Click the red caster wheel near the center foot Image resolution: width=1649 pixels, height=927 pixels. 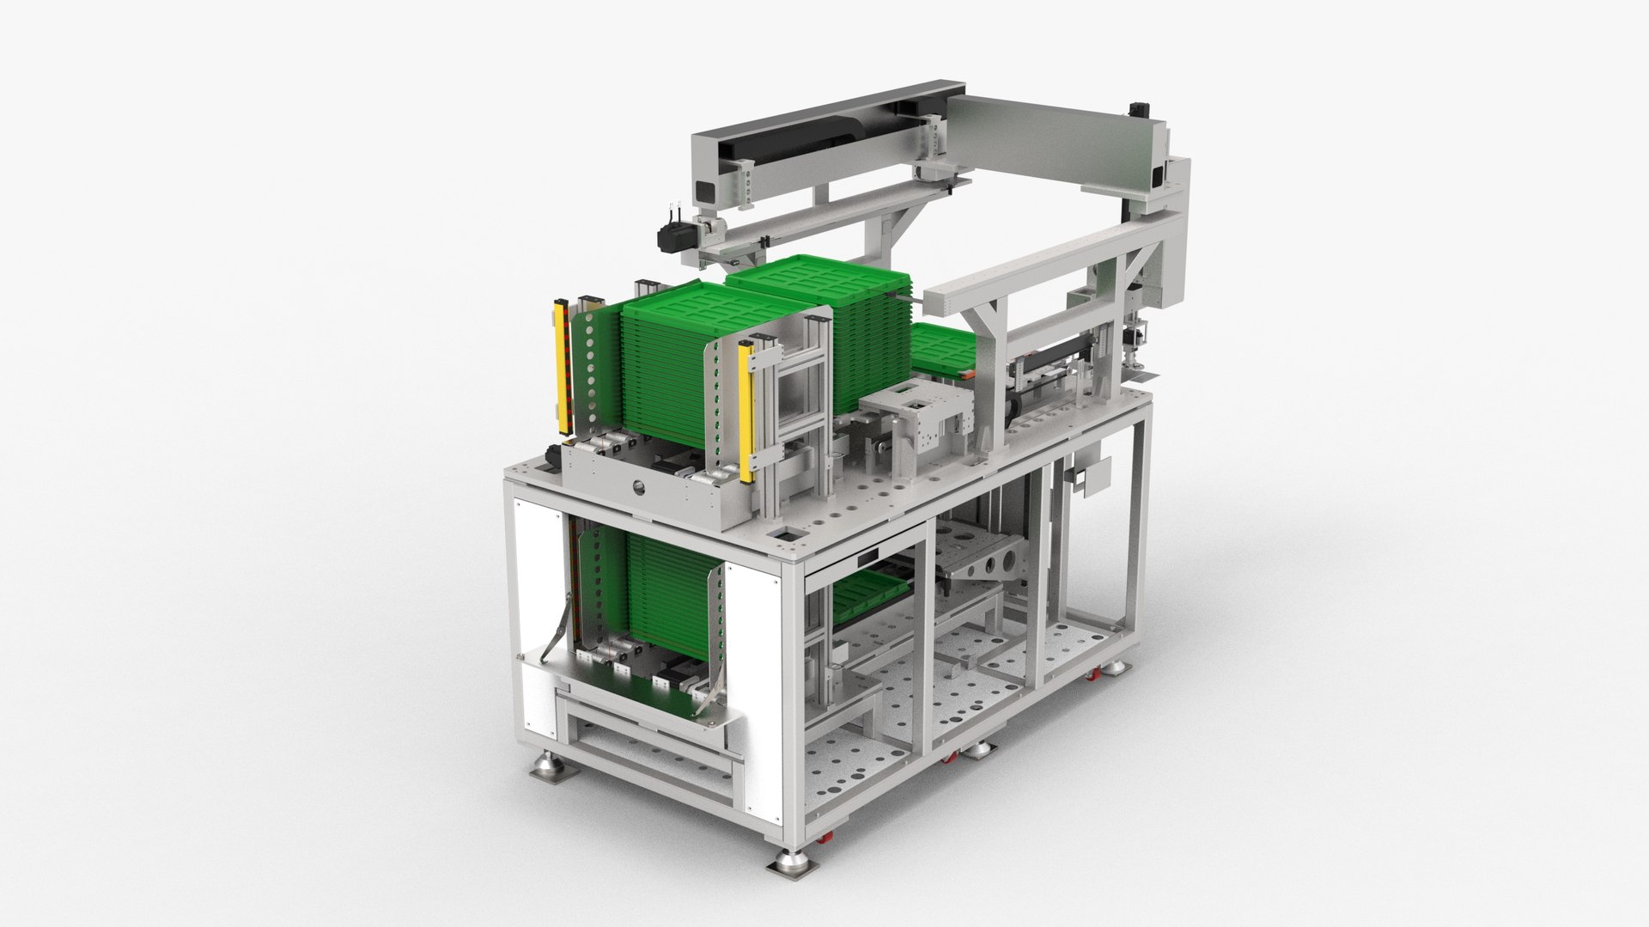[951, 758]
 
